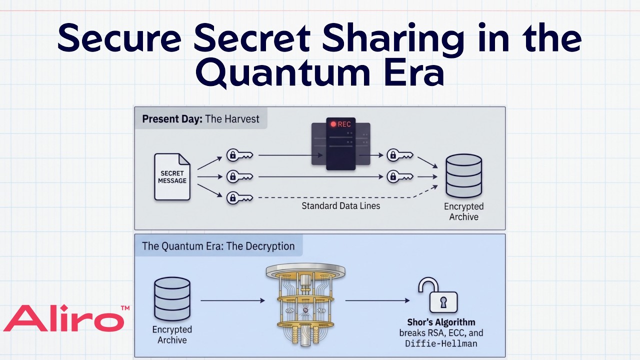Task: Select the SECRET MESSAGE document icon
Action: pos(172,177)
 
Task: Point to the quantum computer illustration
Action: pos(305,305)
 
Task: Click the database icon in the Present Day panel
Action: pos(463,175)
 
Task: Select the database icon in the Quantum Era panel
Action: pos(172,299)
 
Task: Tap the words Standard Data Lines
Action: pos(341,205)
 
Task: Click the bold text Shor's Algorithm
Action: pos(441,322)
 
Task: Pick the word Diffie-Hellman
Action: pos(441,343)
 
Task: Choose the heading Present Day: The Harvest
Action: pos(200,119)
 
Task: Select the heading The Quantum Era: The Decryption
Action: pos(218,246)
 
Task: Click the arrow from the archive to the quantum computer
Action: pos(232,300)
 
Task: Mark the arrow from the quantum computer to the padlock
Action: pos(377,300)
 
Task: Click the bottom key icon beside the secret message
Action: pos(239,197)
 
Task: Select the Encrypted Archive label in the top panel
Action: pos(463,211)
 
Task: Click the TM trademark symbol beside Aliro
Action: pos(125,308)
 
